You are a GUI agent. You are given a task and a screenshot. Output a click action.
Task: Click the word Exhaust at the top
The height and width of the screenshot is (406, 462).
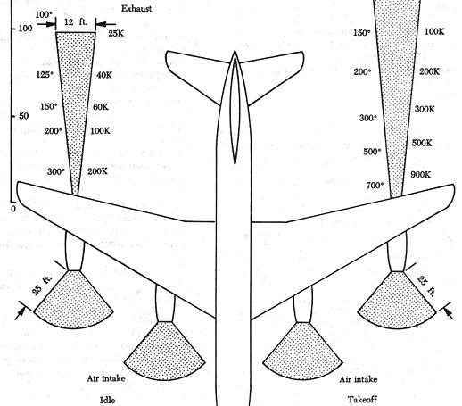click(136, 9)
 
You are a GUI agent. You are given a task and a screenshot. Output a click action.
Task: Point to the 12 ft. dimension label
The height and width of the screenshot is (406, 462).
click(76, 21)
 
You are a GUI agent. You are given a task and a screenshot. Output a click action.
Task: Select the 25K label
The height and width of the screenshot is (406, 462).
click(116, 33)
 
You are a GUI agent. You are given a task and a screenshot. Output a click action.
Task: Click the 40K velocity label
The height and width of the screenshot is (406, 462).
click(104, 75)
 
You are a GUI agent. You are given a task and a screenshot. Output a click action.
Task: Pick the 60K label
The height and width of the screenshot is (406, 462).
click(101, 107)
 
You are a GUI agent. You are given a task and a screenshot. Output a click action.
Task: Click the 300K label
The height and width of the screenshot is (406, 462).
click(425, 109)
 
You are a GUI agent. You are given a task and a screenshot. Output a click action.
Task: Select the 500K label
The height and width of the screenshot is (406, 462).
click(422, 143)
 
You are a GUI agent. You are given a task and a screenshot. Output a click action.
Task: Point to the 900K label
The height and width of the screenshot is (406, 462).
click(420, 175)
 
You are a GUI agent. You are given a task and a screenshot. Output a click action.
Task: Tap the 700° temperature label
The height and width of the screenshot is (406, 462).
click(375, 186)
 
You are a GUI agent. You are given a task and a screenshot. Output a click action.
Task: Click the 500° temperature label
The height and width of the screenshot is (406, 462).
click(372, 152)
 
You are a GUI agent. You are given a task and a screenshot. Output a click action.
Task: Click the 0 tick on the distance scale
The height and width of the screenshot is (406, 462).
click(12, 209)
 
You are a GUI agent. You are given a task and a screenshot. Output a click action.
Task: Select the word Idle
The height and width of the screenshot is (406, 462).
click(107, 400)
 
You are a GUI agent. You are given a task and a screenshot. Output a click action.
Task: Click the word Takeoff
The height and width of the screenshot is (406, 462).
click(362, 399)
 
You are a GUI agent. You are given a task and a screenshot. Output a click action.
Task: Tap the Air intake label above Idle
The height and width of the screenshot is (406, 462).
click(106, 378)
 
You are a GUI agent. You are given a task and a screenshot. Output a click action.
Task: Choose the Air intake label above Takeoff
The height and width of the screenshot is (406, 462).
click(359, 379)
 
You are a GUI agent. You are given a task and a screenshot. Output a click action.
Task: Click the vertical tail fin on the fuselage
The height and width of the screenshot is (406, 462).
click(235, 111)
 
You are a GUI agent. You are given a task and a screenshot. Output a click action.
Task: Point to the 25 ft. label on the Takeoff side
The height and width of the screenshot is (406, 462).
click(426, 286)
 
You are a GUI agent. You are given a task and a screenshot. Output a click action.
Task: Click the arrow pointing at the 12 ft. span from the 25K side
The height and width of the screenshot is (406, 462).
click(106, 24)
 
